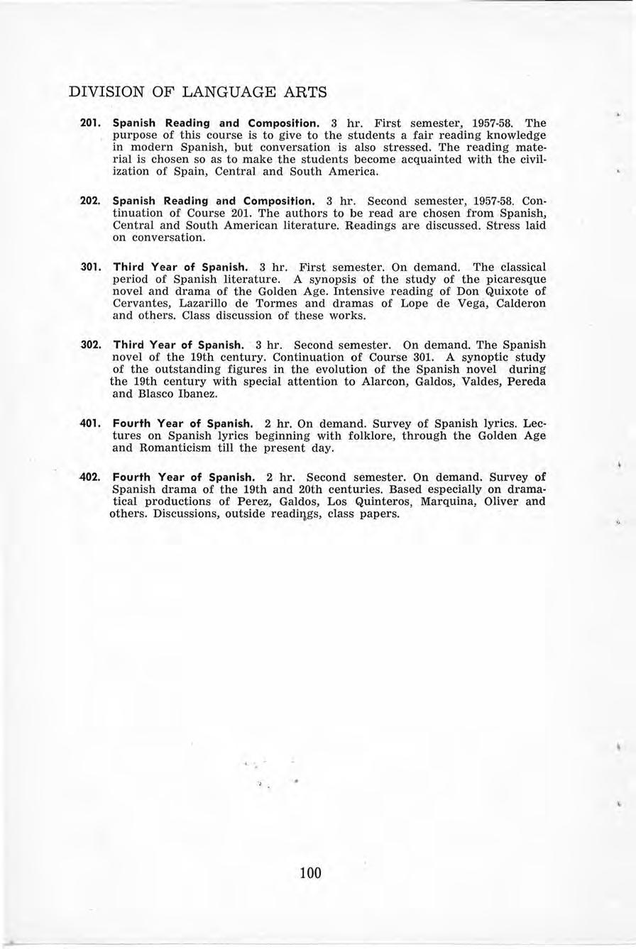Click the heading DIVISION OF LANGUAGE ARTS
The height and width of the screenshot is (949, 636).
(197, 92)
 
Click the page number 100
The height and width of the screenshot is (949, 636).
(310, 872)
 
